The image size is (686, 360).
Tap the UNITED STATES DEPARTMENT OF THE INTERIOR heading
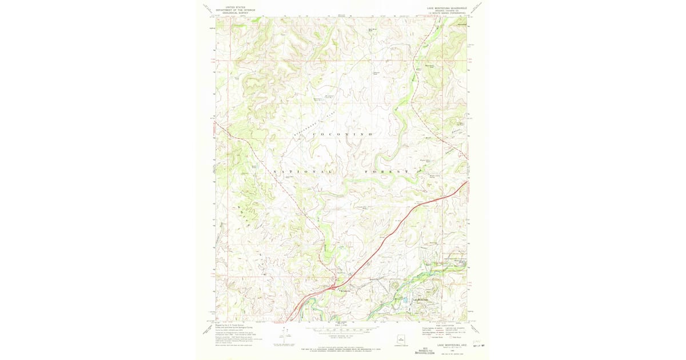click(x=236, y=10)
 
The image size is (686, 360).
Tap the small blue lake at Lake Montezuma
click(x=405, y=299)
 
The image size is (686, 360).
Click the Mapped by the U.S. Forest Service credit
click(x=234, y=324)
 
